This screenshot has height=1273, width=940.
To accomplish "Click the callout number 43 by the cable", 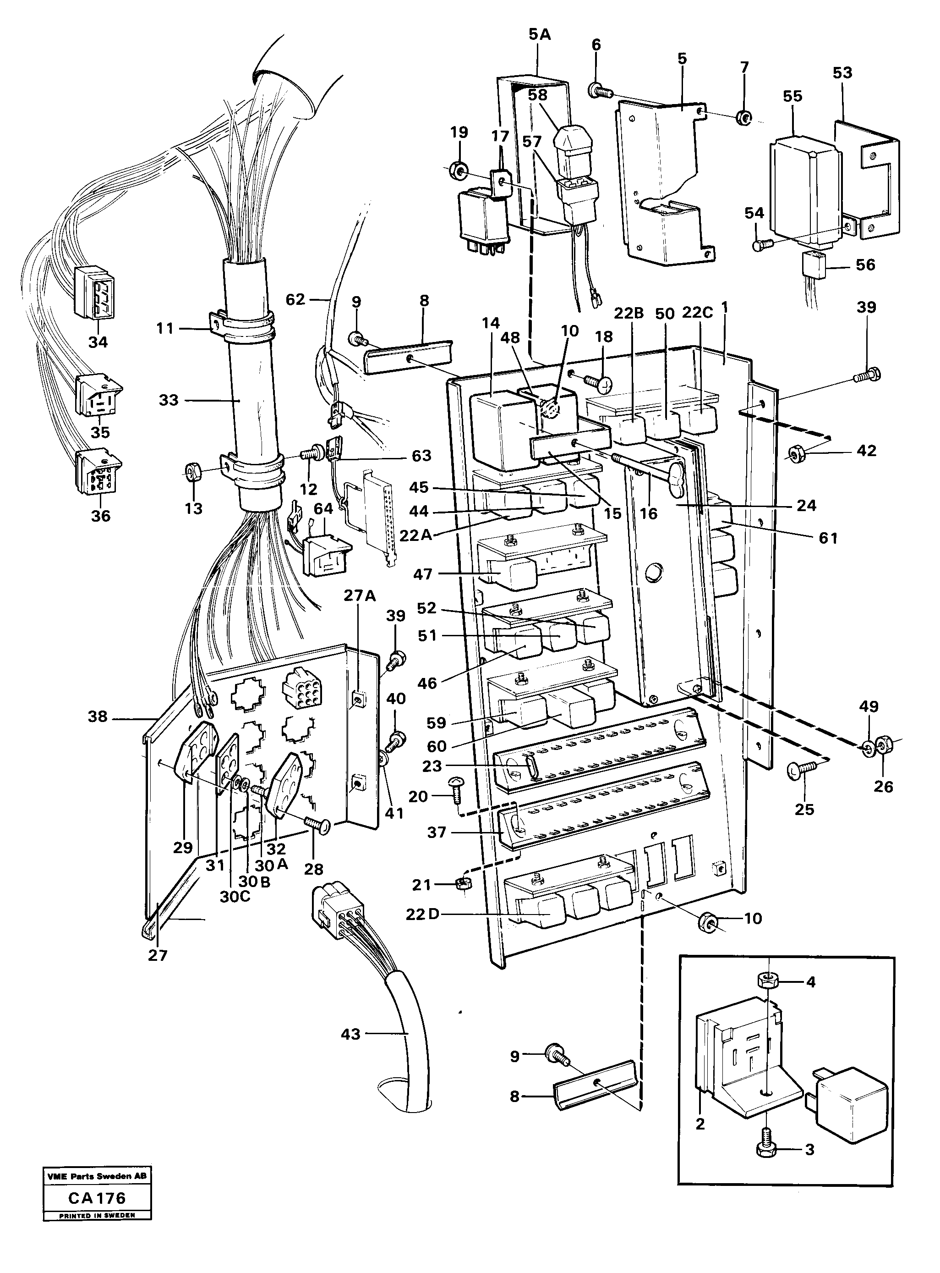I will pyautogui.click(x=350, y=1033).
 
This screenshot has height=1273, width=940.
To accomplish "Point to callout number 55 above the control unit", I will pyautogui.click(x=792, y=96).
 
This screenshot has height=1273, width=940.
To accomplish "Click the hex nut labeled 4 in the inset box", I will pyautogui.click(x=769, y=982).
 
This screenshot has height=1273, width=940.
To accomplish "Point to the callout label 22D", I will pyautogui.click(x=423, y=915).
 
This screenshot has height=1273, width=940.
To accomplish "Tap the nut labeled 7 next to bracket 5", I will pyautogui.click(x=743, y=118).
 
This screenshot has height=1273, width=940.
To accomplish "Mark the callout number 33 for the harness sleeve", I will pyautogui.click(x=169, y=400).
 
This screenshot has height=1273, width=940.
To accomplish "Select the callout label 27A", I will pyautogui.click(x=360, y=596).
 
